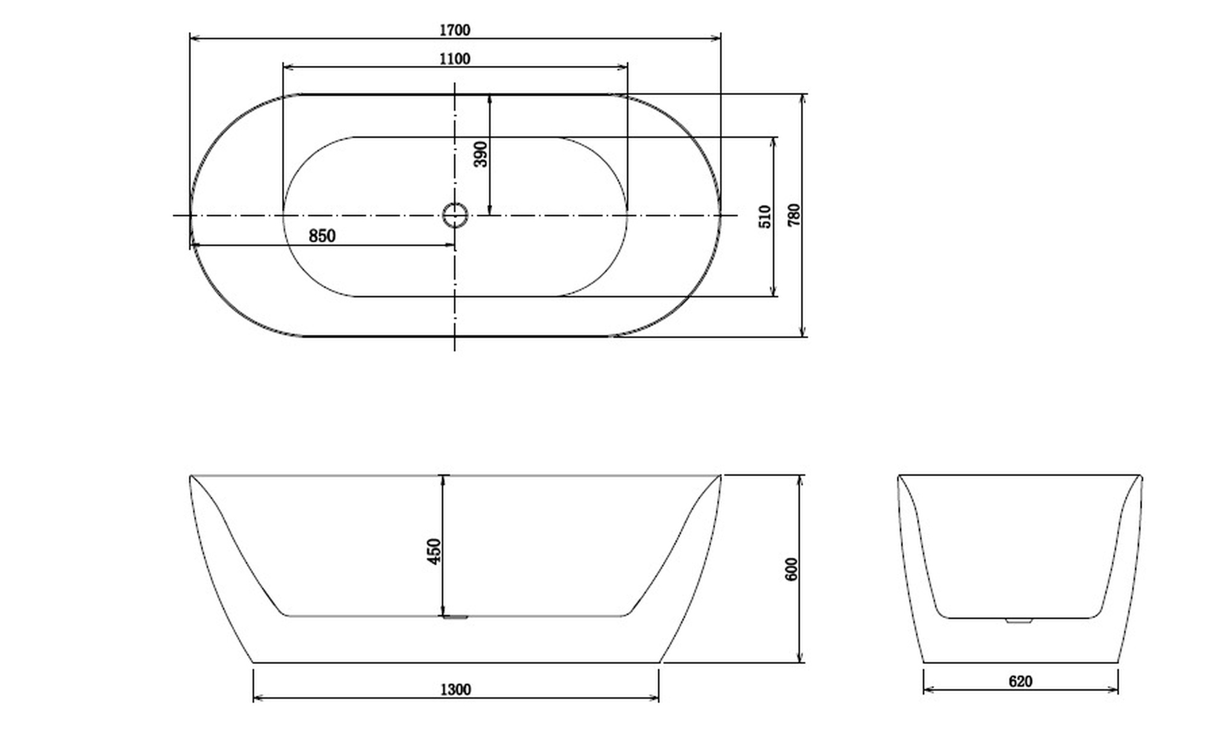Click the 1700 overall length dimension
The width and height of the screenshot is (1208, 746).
(455, 30)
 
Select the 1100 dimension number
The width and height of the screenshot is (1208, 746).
(455, 59)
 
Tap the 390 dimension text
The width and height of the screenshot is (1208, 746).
(481, 155)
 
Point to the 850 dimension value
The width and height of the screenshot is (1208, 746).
(322, 236)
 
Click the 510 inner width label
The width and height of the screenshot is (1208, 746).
(765, 217)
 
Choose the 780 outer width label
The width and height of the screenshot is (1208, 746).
(794, 215)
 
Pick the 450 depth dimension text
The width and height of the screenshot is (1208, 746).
(434, 551)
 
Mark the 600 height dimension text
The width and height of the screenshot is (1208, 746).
(791, 570)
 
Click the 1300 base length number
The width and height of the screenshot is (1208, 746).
(455, 689)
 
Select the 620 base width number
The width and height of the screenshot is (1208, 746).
(1020, 681)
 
